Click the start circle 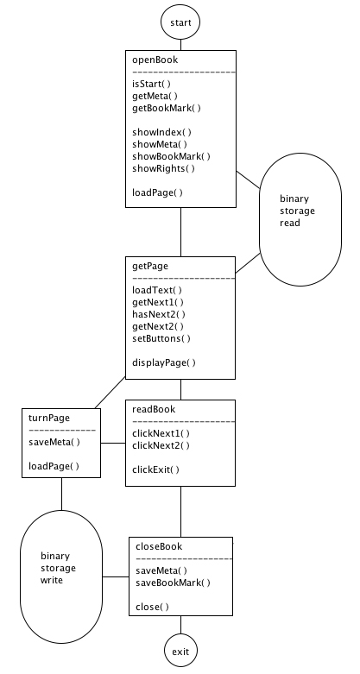click(180, 22)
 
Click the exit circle click(180, 652)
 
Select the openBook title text click(155, 60)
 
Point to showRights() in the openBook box click(163, 168)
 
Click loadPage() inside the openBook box click(157, 192)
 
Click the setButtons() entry click(161, 338)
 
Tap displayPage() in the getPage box click(164, 362)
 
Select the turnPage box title click(49, 418)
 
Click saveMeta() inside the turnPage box click(54, 442)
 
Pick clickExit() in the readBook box click(155, 469)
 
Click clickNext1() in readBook click(161, 433)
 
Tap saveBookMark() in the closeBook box click(174, 583)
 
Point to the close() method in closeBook click(153, 607)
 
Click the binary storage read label click(297, 211)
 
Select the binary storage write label click(59, 568)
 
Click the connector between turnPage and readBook click(113, 443)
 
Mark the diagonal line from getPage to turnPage click(111, 393)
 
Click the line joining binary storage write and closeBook click(116, 576)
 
